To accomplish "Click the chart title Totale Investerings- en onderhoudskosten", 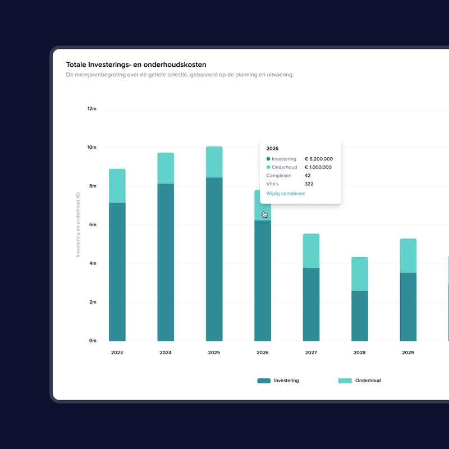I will point(136,65).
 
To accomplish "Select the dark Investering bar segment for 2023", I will point(117,272).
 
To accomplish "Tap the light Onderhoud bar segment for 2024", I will point(166,168).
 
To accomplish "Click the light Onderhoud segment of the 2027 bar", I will point(311,251).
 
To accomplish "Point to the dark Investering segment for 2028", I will point(360,316).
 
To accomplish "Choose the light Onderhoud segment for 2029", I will point(408,256).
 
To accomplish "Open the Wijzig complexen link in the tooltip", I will point(286,194).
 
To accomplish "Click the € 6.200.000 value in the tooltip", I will point(318,159).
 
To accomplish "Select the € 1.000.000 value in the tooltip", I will point(318,167).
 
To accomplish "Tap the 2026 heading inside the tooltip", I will point(272,149).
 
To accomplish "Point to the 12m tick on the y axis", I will point(92,109).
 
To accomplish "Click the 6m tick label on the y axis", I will point(93,224).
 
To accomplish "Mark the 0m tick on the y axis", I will point(93,341).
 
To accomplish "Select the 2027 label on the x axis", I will point(311,353).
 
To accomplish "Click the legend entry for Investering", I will point(278,381).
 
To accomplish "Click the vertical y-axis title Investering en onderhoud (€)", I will point(79,224).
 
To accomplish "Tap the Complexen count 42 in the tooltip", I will point(308,176).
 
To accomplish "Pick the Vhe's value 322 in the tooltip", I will point(309,184).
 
